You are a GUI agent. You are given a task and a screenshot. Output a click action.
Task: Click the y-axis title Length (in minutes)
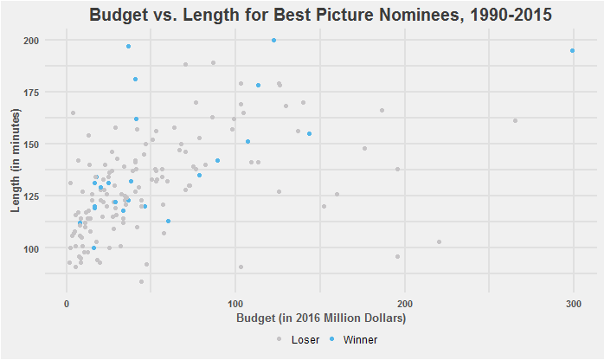click(16, 164)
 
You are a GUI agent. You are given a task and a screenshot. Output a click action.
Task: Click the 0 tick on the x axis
click(67, 304)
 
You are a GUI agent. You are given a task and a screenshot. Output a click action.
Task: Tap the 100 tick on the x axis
click(235, 304)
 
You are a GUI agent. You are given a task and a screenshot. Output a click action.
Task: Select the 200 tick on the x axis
click(404, 304)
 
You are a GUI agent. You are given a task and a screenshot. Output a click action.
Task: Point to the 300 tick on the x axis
click(573, 304)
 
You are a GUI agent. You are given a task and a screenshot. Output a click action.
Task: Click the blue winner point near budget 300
click(572, 50)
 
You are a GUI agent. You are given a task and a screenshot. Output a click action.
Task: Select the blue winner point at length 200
click(273, 40)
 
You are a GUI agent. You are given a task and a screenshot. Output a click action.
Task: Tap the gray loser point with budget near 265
click(515, 120)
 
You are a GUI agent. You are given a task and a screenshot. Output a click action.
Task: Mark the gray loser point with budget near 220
click(439, 241)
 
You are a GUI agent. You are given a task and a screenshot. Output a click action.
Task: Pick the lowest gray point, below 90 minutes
click(141, 281)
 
